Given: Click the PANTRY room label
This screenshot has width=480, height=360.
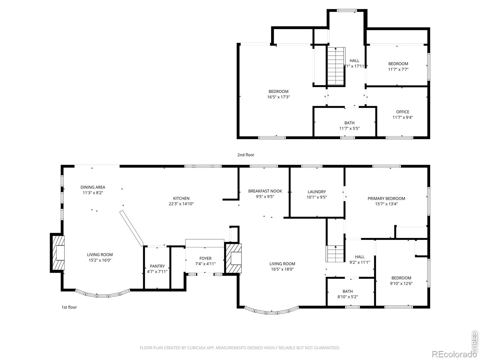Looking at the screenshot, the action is pos(157,266).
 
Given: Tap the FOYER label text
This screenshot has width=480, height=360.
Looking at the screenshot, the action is pos(205,258).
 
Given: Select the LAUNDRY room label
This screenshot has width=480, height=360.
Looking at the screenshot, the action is pos(316,192).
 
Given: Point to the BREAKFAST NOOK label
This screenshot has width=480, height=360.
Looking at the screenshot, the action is pos(265,191).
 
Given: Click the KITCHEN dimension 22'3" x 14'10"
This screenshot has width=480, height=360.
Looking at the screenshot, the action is pos(181,204).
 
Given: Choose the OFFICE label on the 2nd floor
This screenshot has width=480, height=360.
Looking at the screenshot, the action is pos(403,112).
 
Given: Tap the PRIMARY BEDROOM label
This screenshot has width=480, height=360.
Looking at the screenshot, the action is pos(386,199).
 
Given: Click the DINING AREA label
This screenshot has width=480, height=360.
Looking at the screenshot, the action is pos(93,187).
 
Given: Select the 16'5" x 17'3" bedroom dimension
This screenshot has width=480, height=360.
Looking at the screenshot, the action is pos(278,97).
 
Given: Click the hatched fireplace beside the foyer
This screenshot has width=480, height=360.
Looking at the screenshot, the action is pos(233,258).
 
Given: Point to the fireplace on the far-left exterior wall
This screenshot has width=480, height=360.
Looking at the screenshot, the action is pos(58,253).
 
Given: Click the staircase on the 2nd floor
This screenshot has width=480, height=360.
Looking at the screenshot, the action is pos(336,66).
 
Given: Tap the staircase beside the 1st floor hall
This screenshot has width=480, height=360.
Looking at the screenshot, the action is pos(335,254).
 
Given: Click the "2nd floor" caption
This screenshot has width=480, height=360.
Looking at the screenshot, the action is pos(246,155).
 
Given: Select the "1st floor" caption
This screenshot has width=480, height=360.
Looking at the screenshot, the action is pos(69,307).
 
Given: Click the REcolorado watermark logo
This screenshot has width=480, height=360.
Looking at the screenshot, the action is pos(454,354).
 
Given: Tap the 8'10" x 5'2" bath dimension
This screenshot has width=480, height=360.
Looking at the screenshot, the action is pos(347,297).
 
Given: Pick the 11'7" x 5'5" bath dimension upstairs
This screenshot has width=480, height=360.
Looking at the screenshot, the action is pos(349,128).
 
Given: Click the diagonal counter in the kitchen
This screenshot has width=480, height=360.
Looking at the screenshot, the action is pos(131,228).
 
